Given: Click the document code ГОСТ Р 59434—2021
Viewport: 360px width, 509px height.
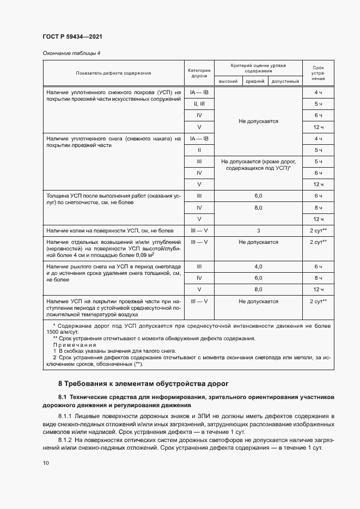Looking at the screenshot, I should click(x=72, y=36).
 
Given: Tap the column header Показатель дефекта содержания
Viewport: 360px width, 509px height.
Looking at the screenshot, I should click(x=113, y=72).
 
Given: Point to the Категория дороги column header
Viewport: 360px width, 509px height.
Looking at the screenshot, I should click(x=199, y=73).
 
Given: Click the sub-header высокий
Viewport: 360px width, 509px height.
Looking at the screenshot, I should click(x=227, y=81).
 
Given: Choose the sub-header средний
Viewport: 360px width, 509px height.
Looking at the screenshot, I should click(x=255, y=81).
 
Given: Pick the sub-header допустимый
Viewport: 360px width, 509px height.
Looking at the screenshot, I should click(x=285, y=81).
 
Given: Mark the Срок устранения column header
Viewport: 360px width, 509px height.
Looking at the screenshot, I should click(x=318, y=72).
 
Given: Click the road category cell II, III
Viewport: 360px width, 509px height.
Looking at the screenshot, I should click(x=199, y=103).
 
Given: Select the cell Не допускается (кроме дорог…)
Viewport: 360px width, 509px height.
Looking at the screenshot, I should click(x=258, y=165).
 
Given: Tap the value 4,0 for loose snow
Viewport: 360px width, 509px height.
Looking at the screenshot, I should click(x=258, y=266).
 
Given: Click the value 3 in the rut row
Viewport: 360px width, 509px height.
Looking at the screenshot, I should click(x=258, y=230).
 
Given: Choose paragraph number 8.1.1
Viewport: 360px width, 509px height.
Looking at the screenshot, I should click(x=67, y=416).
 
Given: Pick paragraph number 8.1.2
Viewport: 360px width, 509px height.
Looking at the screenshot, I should click(x=67, y=438).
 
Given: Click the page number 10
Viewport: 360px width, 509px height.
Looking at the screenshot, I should click(x=46, y=463).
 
